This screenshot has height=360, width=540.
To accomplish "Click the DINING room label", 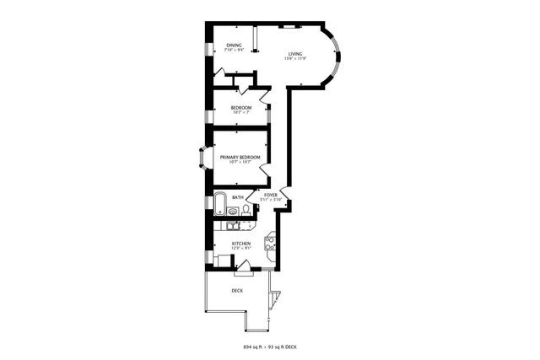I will pyautogui.click(x=234, y=44).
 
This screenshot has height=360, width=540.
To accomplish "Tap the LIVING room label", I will pyautogui.click(x=295, y=53).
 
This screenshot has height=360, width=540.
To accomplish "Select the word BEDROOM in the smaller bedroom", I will pyautogui.click(x=241, y=108).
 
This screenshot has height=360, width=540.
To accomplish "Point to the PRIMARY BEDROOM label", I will pyautogui.click(x=240, y=158).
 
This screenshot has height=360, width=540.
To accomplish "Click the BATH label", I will pyautogui.click(x=238, y=197).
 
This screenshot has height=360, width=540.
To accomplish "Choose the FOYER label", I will pyautogui.click(x=270, y=195).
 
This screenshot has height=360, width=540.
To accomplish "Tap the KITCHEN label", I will pyautogui.click(x=241, y=243).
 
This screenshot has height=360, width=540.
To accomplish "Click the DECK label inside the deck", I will pyautogui.click(x=238, y=291).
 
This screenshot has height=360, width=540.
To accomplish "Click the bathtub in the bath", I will pyautogui.click(x=219, y=203).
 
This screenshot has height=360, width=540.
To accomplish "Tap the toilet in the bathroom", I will pyautogui.click(x=232, y=212).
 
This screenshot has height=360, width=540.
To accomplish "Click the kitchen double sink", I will pyautogui.click(x=233, y=225).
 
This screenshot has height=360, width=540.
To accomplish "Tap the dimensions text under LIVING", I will pyautogui.click(x=295, y=58).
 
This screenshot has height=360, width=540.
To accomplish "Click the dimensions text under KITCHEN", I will pyautogui.click(x=241, y=248).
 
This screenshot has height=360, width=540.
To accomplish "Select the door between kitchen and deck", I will pyautogui.click(x=242, y=268).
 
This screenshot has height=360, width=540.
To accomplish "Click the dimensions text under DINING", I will pyautogui.click(x=234, y=49).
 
